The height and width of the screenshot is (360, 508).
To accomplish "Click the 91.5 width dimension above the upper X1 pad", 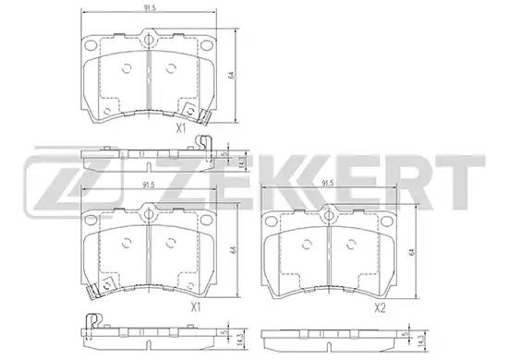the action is click(150, 8).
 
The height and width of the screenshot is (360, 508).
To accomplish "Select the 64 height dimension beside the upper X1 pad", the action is click(231, 75).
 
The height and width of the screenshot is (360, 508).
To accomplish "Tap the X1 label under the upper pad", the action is click(181, 128).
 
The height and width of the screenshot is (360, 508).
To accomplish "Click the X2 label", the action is click(380, 308).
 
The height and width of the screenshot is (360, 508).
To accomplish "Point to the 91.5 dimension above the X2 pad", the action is click(328, 183).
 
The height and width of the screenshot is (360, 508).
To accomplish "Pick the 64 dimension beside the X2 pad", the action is click(412, 252).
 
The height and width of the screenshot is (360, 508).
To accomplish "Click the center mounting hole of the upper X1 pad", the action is click(149, 40).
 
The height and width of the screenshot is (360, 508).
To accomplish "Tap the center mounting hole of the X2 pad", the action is click(329, 215).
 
